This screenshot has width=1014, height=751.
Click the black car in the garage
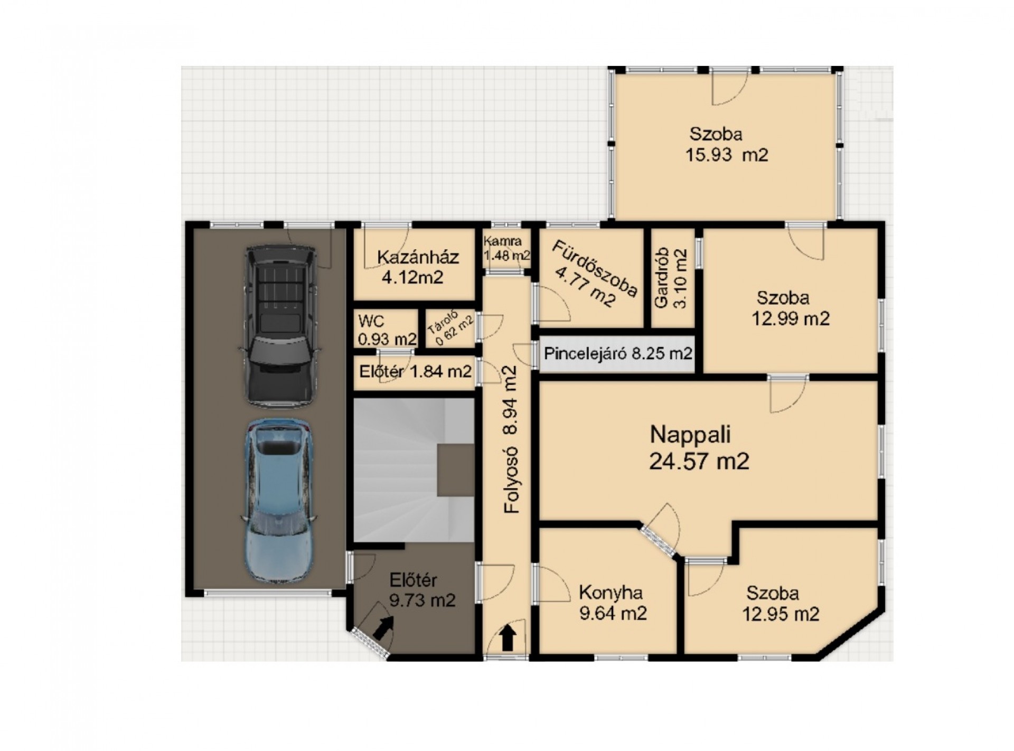(x=279, y=326)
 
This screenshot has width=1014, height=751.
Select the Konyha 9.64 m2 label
(x=613, y=603)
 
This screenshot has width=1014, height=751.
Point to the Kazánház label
(x=418, y=267)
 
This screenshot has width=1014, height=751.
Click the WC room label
(x=387, y=330)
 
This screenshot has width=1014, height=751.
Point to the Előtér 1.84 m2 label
(x=415, y=372)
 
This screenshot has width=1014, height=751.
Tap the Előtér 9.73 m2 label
(x=422, y=590)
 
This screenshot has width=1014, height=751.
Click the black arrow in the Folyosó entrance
(x=508, y=637)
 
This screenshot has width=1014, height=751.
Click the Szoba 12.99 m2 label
(x=790, y=308)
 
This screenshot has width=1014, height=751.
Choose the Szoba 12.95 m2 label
(x=781, y=604)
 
